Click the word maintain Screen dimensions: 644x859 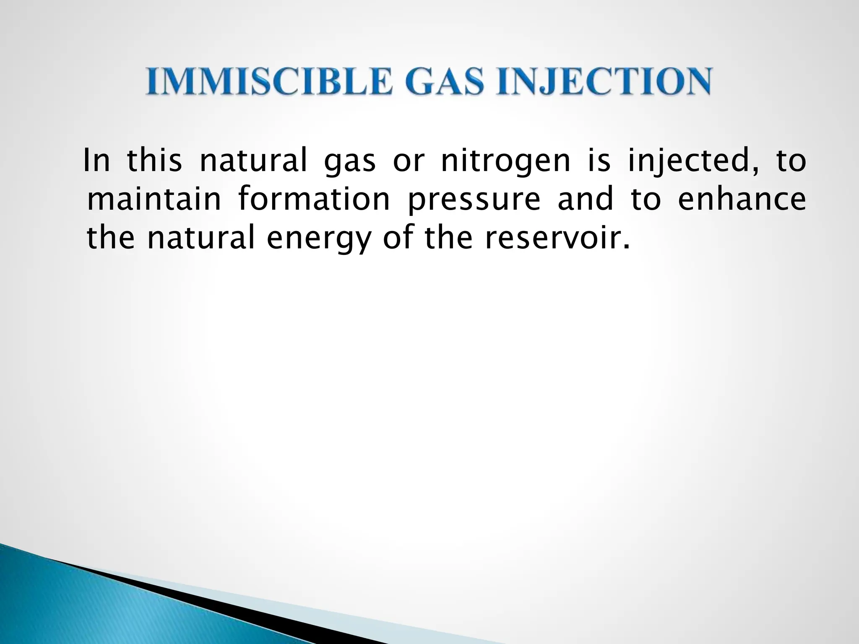[x=154, y=200]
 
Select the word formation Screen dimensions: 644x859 [x=314, y=200]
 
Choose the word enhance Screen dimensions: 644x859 [x=742, y=200]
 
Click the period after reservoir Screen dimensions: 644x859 [x=627, y=247]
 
